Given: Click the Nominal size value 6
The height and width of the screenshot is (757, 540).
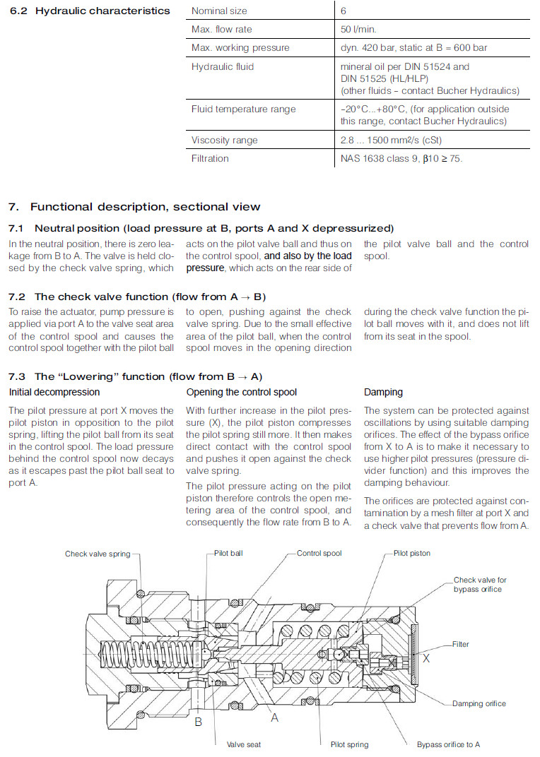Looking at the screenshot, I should (344, 11).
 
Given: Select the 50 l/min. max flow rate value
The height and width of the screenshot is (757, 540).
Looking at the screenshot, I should (359, 30).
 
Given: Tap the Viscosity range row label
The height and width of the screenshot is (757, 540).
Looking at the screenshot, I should (219, 140).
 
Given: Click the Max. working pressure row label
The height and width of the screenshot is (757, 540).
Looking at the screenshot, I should (240, 48).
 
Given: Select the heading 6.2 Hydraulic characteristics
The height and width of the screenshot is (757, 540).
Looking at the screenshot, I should (89, 11).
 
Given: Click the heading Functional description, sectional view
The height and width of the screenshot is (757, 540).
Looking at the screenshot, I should (145, 207).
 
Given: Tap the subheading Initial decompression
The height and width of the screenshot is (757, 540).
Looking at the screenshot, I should (54, 392).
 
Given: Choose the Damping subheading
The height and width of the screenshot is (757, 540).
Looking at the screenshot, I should (383, 392).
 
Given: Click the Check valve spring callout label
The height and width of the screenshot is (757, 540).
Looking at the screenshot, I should (98, 554).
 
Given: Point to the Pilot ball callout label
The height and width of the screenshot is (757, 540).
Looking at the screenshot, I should (228, 553).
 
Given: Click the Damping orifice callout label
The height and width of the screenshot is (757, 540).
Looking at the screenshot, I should (479, 703).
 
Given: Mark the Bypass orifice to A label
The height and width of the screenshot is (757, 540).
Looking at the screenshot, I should (448, 744).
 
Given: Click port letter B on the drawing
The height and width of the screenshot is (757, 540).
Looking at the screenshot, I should (199, 722).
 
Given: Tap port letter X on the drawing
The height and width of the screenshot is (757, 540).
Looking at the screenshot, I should (426, 657).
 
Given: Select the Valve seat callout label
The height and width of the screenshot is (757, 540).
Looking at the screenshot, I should (243, 744).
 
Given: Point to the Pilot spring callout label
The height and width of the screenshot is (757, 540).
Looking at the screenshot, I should (349, 744).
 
